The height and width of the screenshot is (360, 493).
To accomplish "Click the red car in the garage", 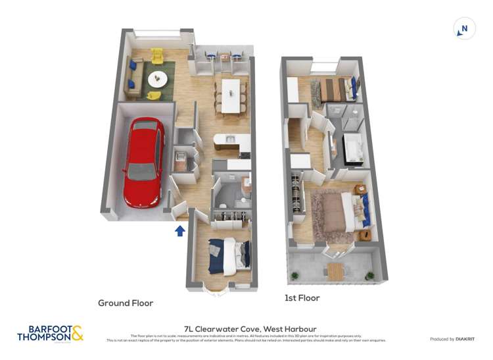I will tap(144, 161).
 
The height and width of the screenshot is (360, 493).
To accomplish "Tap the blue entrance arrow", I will tap(180, 230).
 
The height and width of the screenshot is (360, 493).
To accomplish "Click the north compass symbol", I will tap(464, 29).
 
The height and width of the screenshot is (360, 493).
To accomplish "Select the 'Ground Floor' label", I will tap(126, 303).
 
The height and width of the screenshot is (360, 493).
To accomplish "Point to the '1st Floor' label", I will tap(302, 298).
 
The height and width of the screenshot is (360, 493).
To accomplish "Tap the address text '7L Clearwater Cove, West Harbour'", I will tap(250, 329).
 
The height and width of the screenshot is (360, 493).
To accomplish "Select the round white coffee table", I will tap(158, 79).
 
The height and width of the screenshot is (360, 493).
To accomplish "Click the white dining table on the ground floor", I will tap(231, 95).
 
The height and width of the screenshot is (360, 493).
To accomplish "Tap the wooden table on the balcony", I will tap(335, 270).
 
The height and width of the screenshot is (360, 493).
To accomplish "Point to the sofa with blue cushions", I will tap(134, 76).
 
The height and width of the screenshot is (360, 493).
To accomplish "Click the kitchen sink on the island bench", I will tap(230, 139).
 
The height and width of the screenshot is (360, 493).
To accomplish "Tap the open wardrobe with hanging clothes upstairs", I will tap(297, 193).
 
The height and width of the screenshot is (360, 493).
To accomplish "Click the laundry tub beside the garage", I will tap(181, 158).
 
